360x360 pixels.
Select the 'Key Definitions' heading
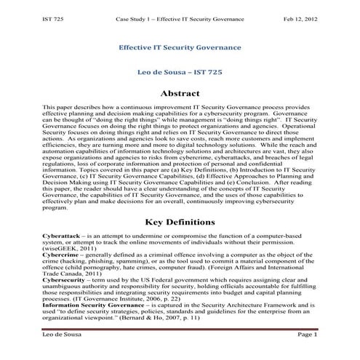pyautogui.click(x=179, y=220)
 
